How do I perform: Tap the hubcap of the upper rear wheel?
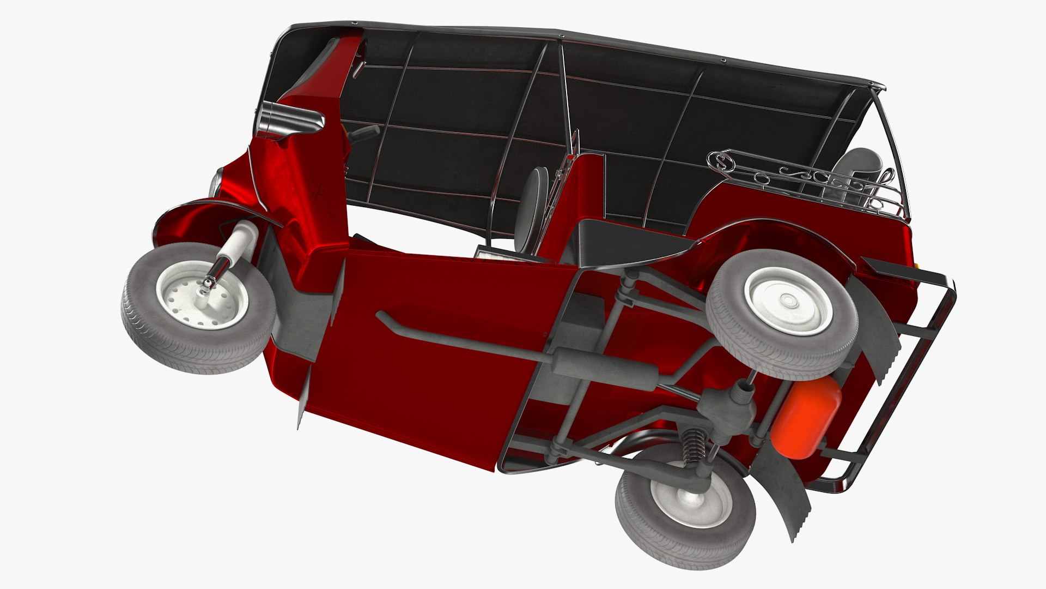[x=787, y=300]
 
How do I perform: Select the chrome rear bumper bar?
[x=921, y=371]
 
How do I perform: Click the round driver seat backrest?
[x=532, y=207]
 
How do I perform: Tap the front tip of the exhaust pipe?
[x=381, y=317]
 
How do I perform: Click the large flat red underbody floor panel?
[x=425, y=371]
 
